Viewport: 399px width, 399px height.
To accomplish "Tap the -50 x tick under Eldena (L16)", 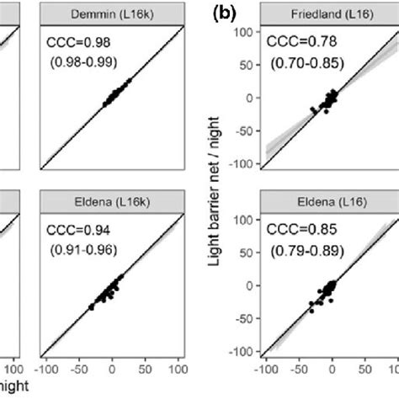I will coord(298,368).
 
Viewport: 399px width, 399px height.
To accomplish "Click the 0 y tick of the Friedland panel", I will coord(249,98).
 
